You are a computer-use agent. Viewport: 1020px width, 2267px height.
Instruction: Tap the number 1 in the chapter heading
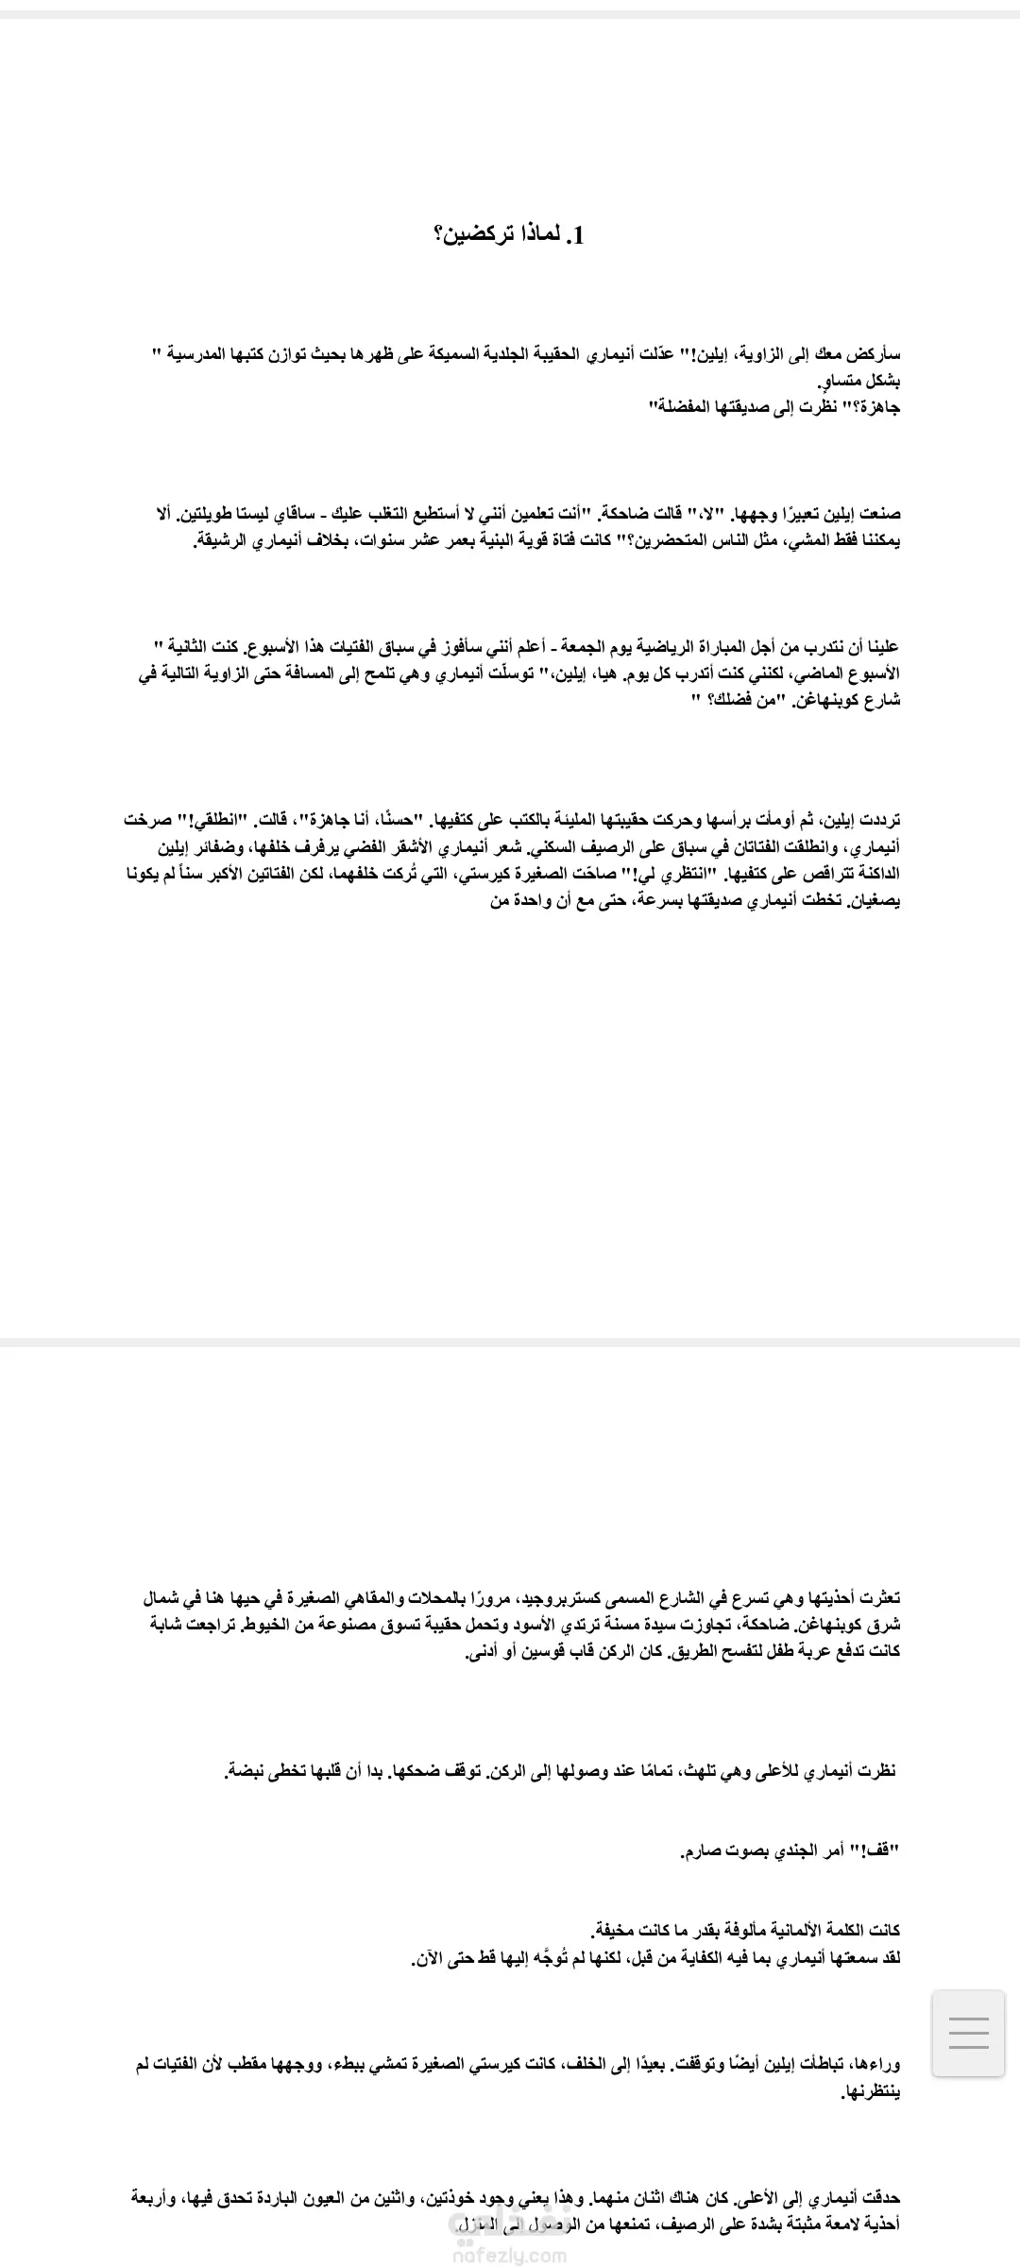[x=579, y=236]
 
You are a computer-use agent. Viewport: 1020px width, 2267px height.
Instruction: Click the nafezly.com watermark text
[x=510, y=2256]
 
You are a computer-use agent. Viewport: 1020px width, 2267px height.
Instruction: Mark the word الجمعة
[x=591, y=647]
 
